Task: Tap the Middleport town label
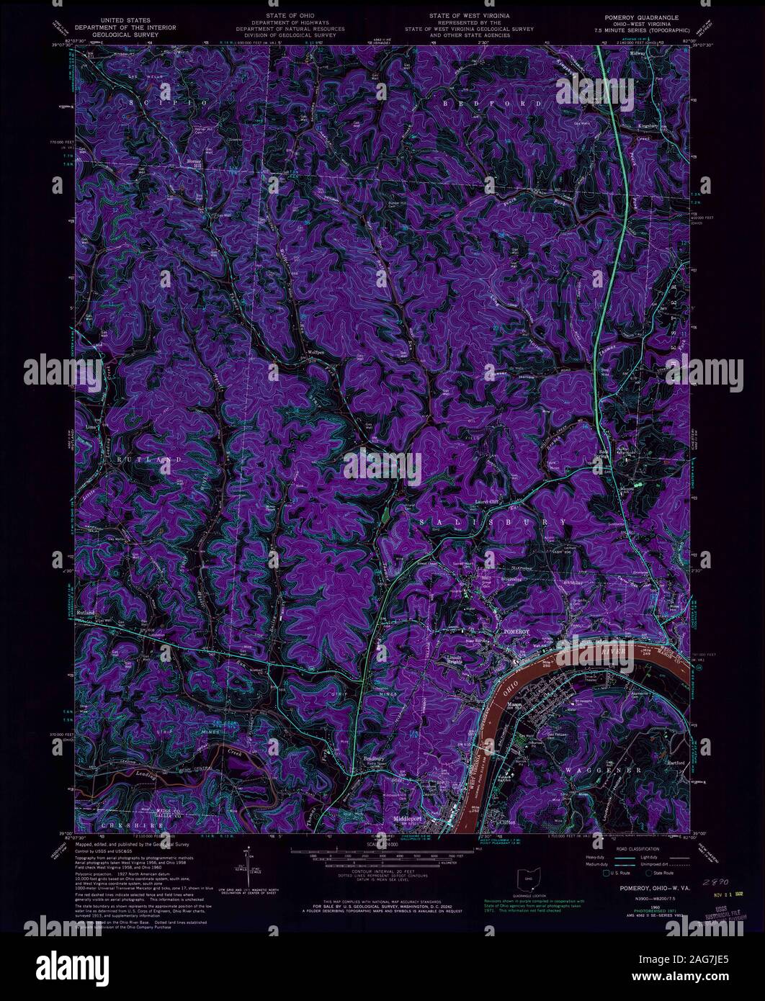coord(407,820)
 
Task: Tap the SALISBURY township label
coord(487,520)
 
